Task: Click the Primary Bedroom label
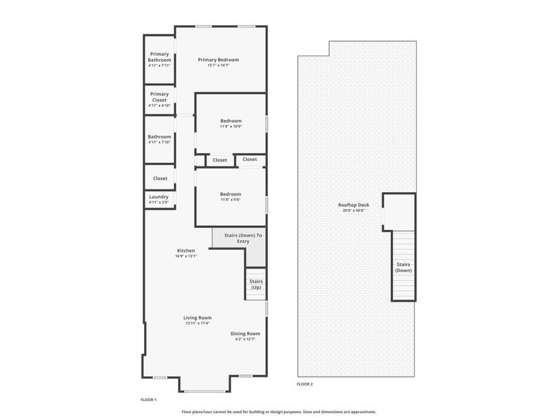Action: pyautogui.click(x=218, y=60)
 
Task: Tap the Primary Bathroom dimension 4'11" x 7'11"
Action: pyautogui.click(x=159, y=66)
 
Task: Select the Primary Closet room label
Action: pyautogui.click(x=159, y=97)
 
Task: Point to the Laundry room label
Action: pyautogui.click(x=159, y=197)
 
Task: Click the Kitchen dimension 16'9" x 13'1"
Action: pyautogui.click(x=186, y=256)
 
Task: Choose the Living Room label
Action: pyautogui.click(x=197, y=318)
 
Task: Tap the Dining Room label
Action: pyautogui.click(x=246, y=333)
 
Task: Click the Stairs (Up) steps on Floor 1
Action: pyautogui.click(x=256, y=284)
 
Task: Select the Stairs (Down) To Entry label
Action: pyautogui.click(x=243, y=238)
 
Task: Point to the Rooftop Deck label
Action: pyautogui.click(x=353, y=205)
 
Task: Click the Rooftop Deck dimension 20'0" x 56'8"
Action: pyautogui.click(x=353, y=210)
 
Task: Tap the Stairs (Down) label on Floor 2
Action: pyautogui.click(x=403, y=268)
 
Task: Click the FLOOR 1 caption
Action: pyautogui.click(x=148, y=400)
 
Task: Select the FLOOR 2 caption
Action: pyautogui.click(x=304, y=384)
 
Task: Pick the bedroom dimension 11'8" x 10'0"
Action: pyautogui.click(x=231, y=126)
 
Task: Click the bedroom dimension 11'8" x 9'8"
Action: pyautogui.click(x=231, y=200)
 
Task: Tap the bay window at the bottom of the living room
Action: pyautogui.click(x=205, y=392)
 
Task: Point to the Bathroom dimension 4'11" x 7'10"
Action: pyautogui.click(x=159, y=142)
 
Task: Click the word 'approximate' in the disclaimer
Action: pyautogui.click(x=363, y=412)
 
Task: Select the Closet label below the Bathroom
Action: pyautogui.click(x=160, y=179)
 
